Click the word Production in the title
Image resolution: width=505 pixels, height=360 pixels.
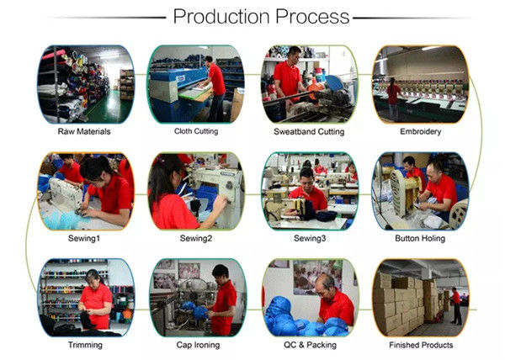[x=221, y=17]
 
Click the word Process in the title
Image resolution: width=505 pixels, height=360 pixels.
[x=312, y=17]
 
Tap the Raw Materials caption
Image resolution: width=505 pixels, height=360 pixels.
[x=84, y=131]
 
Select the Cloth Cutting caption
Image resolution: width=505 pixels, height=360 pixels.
[x=196, y=131]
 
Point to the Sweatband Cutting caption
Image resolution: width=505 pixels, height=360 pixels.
[x=309, y=131]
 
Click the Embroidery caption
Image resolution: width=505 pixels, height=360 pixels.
[x=420, y=131]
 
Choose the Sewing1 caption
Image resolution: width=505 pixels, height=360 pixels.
[x=84, y=238]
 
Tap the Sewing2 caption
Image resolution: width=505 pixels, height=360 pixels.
[x=196, y=238]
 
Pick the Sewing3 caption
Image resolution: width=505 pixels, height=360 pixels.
[x=310, y=238]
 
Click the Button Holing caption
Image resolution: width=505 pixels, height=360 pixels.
[x=420, y=238]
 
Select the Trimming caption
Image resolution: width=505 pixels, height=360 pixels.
[x=85, y=345]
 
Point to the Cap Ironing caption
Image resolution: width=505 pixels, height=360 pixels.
[x=198, y=345]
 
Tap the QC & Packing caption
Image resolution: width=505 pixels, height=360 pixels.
[x=310, y=345]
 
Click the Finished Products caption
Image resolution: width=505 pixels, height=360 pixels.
[x=421, y=345]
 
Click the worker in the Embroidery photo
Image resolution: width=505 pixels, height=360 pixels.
[x=393, y=98]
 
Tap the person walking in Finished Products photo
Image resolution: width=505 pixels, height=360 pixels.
[x=456, y=305]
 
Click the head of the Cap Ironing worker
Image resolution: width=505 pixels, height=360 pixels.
[x=221, y=273]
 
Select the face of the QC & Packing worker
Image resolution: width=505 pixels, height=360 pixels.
[x=323, y=290]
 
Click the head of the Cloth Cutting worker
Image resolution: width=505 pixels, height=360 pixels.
[x=210, y=60]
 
